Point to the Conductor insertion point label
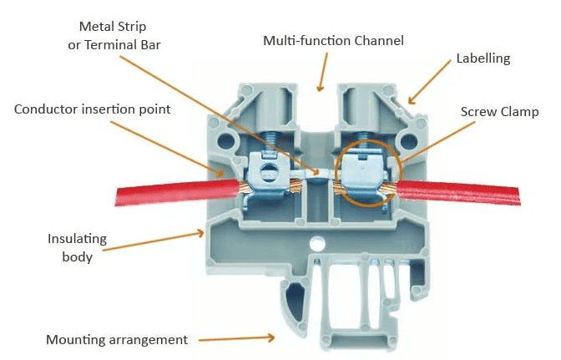(x=92, y=109)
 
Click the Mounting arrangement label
(x=116, y=339)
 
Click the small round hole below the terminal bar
(x=318, y=246)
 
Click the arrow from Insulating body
(x=159, y=242)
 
